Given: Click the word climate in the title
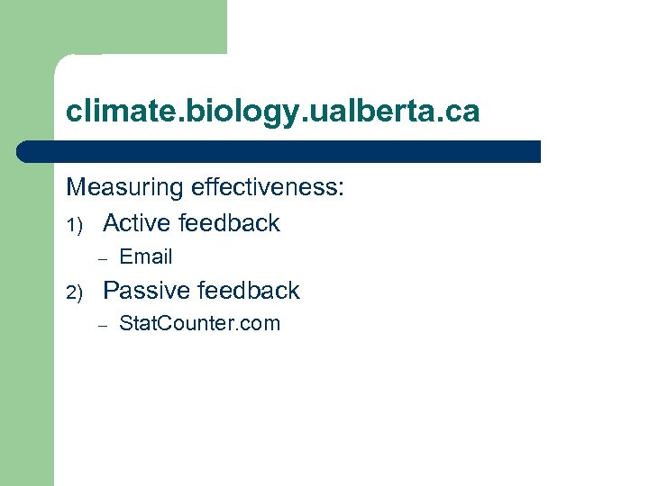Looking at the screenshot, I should [113, 112].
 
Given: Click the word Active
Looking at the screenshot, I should [137, 222].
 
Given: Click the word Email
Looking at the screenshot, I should [145, 256].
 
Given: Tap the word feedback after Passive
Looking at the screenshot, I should [248, 291].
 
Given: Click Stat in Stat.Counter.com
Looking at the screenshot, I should [136, 323].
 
